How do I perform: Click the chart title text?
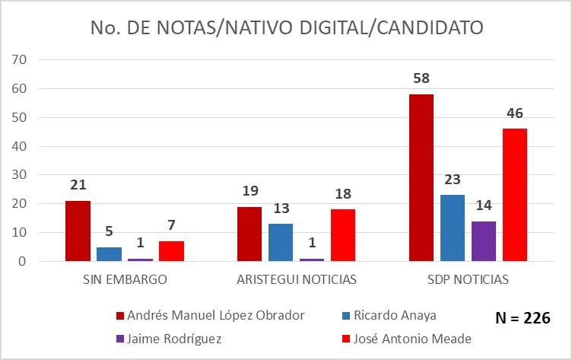[286, 28]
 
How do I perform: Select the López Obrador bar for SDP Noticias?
[421, 178]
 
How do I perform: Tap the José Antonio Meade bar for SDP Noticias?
[514, 195]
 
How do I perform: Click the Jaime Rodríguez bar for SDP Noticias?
[483, 241]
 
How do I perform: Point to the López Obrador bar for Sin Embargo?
[78, 231]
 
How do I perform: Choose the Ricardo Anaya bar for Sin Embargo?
[109, 254]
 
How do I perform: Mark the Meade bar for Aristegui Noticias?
[342, 235]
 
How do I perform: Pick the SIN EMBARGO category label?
[125, 279]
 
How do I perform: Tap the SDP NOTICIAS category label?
[468, 279]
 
